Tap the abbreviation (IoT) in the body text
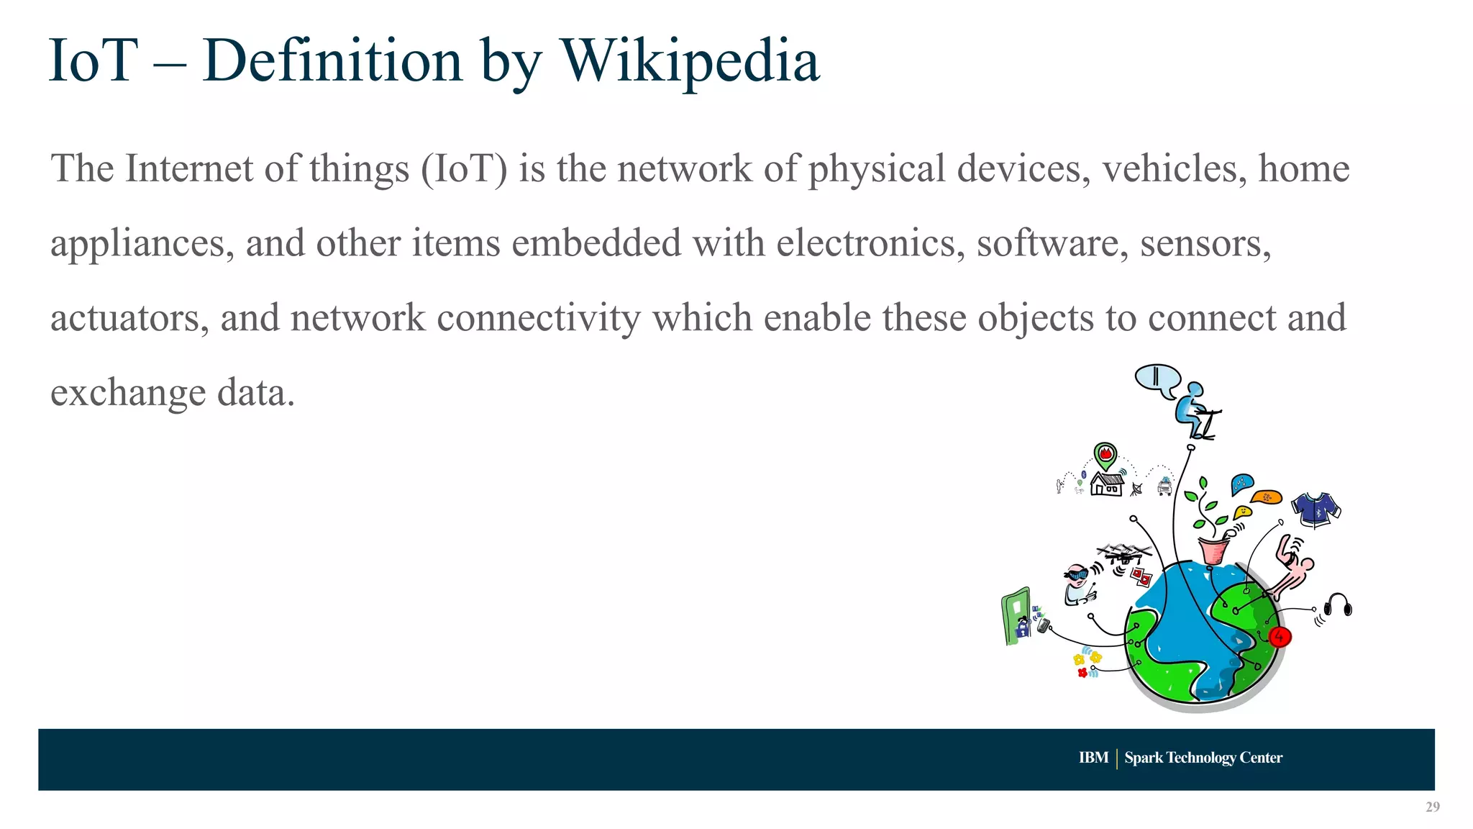pyautogui.click(x=464, y=168)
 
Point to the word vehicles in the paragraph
pyautogui.click(x=1174, y=168)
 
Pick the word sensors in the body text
pyautogui.click(x=1205, y=243)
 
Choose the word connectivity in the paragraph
pyautogui.click(x=538, y=318)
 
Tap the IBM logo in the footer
pyautogui.click(x=1093, y=758)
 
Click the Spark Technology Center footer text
pyautogui.click(x=1203, y=758)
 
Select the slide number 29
pyautogui.click(x=1432, y=807)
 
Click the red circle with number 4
pyautogui.click(x=1280, y=637)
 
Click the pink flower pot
pyautogui.click(x=1214, y=551)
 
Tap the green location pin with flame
pyautogui.click(x=1105, y=456)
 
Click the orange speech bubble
pyautogui.click(x=1266, y=497)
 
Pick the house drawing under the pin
pyautogui.click(x=1107, y=484)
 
